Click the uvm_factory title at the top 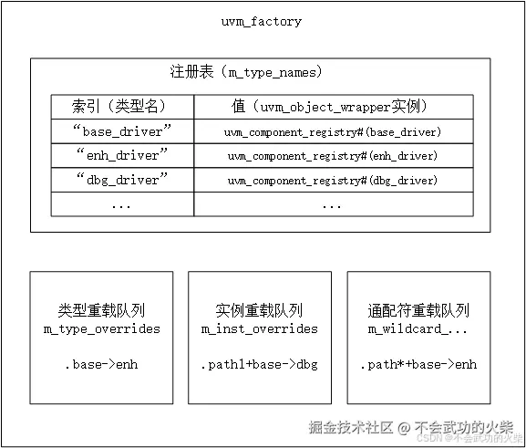262,21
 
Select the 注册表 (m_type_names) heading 246,71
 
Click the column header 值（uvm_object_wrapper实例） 332,106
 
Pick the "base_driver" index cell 121,130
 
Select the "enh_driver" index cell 121,155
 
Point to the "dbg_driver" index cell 121,180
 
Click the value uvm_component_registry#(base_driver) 333,131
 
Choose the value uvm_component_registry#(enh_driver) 333,156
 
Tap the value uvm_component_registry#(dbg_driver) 333,181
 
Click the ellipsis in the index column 121,204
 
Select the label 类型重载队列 101,310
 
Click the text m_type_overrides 101,328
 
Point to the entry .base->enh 101,365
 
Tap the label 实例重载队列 260,310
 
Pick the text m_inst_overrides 260,328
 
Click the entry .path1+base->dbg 260,365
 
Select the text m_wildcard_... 418,328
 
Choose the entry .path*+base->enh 418,365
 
